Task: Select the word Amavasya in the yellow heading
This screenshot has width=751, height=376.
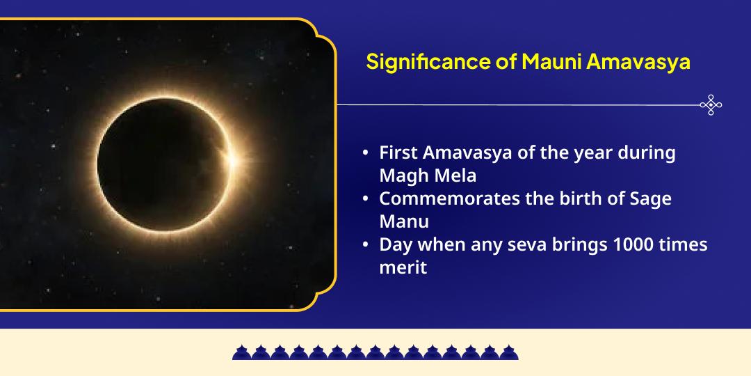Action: pyautogui.click(x=638, y=62)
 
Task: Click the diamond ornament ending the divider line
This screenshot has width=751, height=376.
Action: pyautogui.click(x=711, y=105)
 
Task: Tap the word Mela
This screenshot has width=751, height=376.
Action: pyautogui.click(x=453, y=175)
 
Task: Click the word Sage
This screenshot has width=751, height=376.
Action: pyautogui.click(x=652, y=198)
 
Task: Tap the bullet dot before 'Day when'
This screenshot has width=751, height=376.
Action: pyautogui.click(x=366, y=245)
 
